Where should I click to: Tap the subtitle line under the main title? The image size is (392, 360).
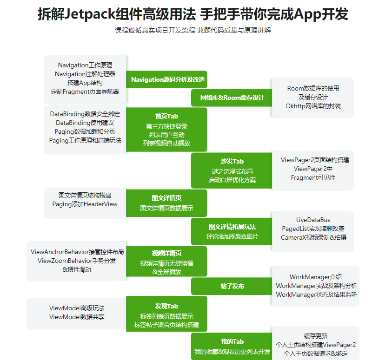[x=193, y=30]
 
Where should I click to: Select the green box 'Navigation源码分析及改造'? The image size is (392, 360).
[x=167, y=79]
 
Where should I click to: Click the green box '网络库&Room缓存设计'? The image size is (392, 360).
[x=232, y=98]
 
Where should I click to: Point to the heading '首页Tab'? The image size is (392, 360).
[x=166, y=116]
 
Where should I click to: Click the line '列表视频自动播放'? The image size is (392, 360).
[x=166, y=143]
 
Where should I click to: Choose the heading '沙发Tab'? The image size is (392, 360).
[x=232, y=161]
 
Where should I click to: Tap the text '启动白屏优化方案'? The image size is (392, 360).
[x=232, y=180]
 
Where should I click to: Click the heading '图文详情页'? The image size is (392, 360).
[x=166, y=198]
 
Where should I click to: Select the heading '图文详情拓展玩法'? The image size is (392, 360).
[x=232, y=227]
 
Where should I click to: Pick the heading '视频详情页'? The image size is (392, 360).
[x=166, y=253]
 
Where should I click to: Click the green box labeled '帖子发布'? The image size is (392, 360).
[x=232, y=286]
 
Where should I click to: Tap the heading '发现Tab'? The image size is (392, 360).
[x=166, y=306]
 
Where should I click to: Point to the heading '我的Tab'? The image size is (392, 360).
[x=232, y=341]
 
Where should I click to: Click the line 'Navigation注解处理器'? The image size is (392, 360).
[x=85, y=74]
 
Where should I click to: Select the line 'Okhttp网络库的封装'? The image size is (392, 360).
[x=313, y=106]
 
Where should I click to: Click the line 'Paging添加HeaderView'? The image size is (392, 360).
[x=85, y=204]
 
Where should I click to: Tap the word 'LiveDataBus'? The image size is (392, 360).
[x=313, y=220]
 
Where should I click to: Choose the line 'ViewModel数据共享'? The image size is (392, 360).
[x=77, y=317]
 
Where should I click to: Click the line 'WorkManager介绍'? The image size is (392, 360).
[x=315, y=277]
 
